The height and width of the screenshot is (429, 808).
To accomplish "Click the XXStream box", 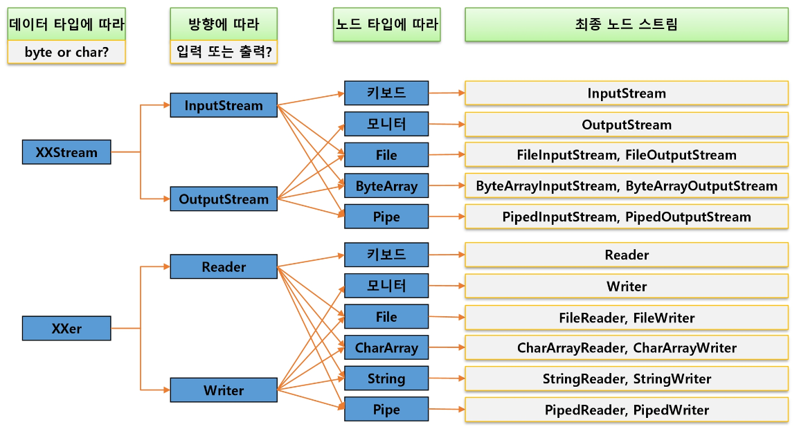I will [66, 152].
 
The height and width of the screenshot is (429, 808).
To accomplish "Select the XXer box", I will [66, 329].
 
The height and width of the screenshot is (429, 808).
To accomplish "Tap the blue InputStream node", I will [224, 106].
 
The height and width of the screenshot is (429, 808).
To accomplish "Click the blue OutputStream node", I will [224, 199].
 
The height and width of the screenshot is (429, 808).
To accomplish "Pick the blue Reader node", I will [224, 267].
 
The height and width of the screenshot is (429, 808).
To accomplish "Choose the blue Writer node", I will [224, 390].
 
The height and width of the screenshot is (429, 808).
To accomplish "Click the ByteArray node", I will [386, 185].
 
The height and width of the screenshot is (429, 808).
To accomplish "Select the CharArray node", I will [386, 347].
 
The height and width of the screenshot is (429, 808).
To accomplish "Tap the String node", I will [386, 378].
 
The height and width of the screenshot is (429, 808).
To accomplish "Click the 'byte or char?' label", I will [66, 53].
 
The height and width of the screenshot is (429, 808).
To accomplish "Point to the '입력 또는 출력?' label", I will [224, 53].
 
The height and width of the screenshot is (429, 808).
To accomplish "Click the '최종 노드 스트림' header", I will [626, 25].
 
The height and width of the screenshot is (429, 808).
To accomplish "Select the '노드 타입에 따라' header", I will [386, 25].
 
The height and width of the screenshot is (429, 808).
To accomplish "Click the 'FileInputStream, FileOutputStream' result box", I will [626, 155].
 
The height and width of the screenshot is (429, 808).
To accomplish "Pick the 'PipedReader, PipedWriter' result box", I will [626, 410].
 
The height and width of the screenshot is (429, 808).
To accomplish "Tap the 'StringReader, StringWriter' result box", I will [626, 378].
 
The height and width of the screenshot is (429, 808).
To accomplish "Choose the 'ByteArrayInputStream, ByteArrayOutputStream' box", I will [626, 185].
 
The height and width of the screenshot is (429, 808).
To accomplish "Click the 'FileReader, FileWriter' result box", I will [626, 318].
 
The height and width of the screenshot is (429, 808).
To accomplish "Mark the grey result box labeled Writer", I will [626, 286].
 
